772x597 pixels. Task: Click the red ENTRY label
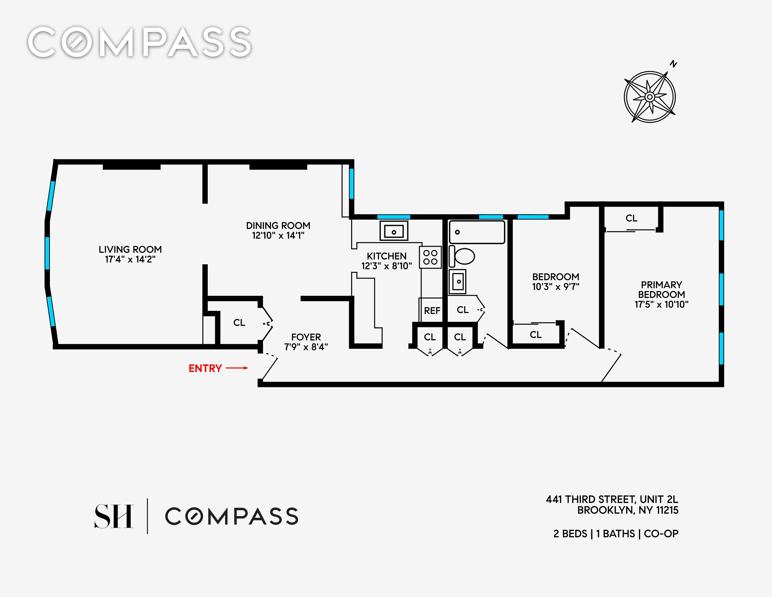click(x=205, y=368)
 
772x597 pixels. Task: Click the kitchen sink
click(x=394, y=231)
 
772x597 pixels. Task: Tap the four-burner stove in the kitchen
click(x=430, y=257)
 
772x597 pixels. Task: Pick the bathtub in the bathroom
click(x=477, y=232)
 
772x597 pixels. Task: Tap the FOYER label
click(x=306, y=337)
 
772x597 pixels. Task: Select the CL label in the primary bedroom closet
click(x=631, y=218)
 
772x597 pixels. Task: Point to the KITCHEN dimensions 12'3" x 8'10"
click(x=386, y=266)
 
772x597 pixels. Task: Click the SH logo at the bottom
click(x=114, y=516)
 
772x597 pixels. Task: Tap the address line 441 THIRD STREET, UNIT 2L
click(x=612, y=499)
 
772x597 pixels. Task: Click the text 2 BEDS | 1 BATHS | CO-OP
click(x=616, y=534)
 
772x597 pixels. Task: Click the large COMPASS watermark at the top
click(x=140, y=42)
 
